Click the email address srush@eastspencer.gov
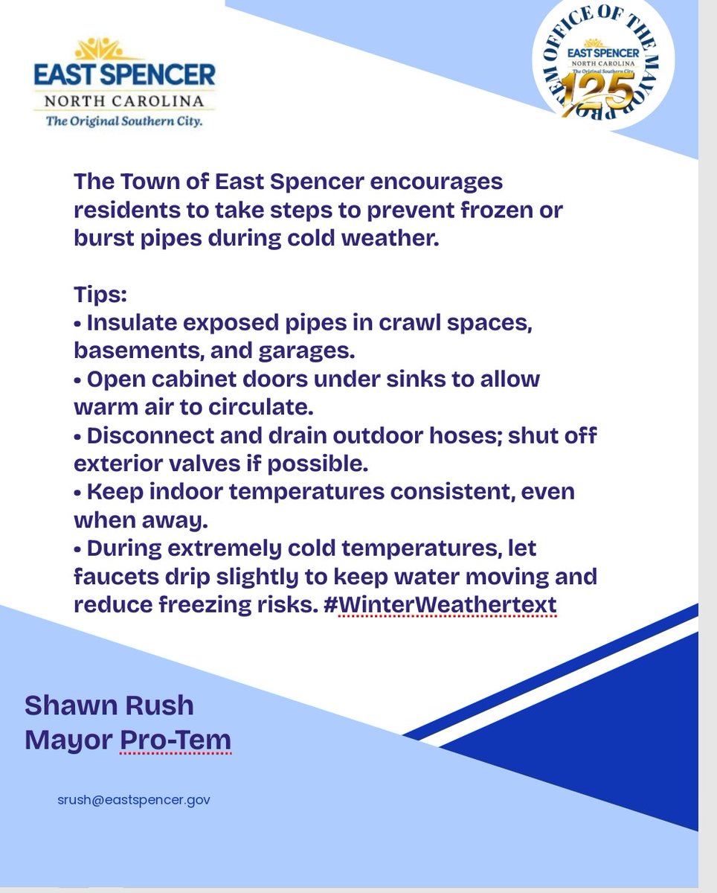[x=133, y=800]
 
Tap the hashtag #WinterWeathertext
[x=447, y=605]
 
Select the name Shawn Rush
[x=109, y=704]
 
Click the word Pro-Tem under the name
[x=176, y=740]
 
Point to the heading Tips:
[x=100, y=295]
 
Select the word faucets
[x=112, y=577]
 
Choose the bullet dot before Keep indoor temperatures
[x=78, y=493]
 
